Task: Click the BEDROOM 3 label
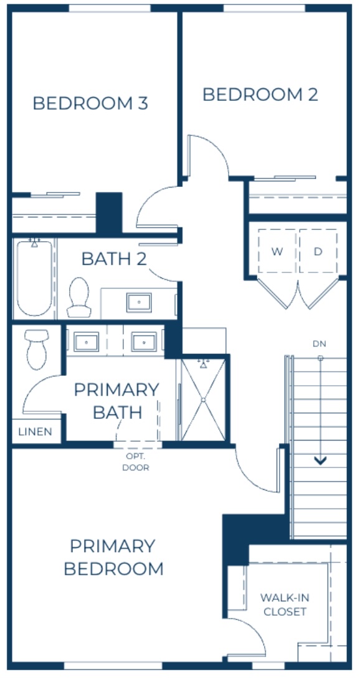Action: click(x=90, y=103)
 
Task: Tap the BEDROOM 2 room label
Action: click(x=260, y=95)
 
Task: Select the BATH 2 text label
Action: click(x=114, y=259)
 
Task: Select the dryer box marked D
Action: click(x=318, y=252)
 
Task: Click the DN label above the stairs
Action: click(x=320, y=344)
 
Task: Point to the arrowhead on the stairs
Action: click(x=321, y=461)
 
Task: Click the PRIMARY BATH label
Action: click(x=116, y=401)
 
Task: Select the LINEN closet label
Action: click(x=36, y=432)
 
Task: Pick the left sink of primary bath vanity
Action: click(x=86, y=341)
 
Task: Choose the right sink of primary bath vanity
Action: click(x=143, y=341)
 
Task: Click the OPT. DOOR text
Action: click(x=136, y=462)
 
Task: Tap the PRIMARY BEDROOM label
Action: click(x=113, y=557)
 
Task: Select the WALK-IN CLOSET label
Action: click(x=285, y=604)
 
